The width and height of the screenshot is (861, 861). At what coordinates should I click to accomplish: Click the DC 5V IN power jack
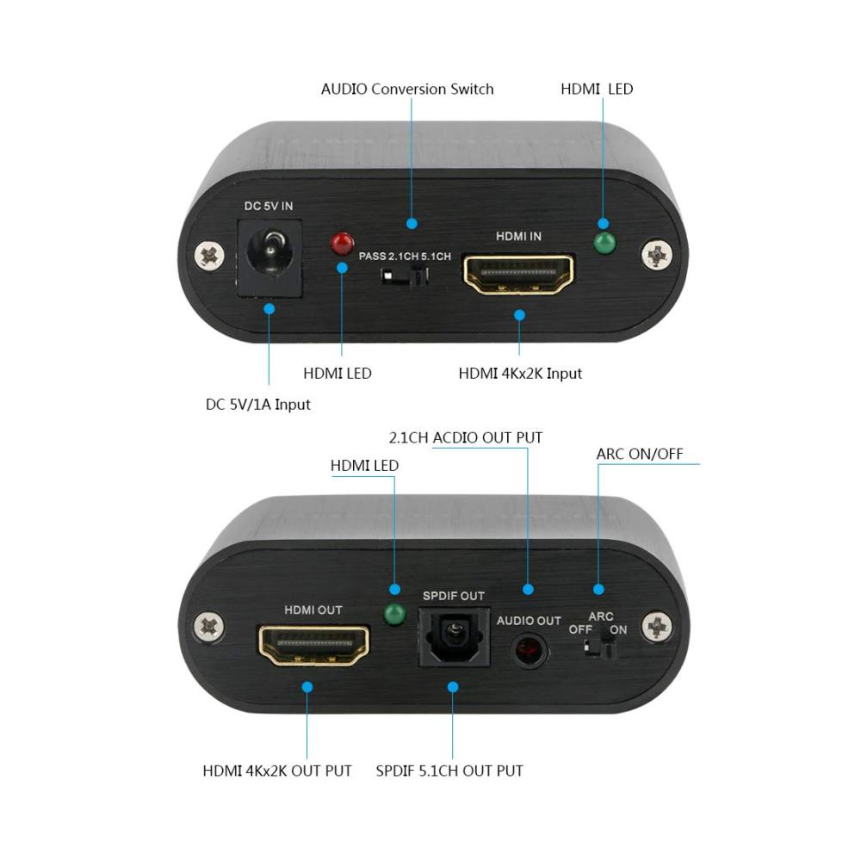tap(269, 257)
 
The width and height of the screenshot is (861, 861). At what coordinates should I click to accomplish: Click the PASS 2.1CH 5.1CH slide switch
tap(406, 276)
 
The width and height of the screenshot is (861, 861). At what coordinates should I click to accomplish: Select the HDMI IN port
tap(519, 274)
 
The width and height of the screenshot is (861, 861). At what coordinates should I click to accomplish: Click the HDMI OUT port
tap(314, 646)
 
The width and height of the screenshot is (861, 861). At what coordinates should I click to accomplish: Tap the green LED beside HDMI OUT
tap(395, 615)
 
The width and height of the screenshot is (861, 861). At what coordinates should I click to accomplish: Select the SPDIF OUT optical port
tap(454, 637)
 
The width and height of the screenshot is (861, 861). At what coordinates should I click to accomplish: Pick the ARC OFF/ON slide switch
tap(599, 649)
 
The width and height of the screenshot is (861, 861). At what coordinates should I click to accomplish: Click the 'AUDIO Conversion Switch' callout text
tap(407, 89)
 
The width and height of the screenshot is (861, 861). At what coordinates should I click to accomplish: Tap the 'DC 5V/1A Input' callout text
tap(257, 405)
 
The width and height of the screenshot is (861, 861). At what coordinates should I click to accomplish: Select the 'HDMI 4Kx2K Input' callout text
tap(520, 374)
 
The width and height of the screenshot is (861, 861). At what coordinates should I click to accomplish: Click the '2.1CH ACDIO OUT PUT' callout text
tap(466, 437)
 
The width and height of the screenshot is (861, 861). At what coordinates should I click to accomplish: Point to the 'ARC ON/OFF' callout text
tap(640, 454)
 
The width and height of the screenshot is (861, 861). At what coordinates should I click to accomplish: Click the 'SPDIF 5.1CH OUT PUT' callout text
tap(449, 771)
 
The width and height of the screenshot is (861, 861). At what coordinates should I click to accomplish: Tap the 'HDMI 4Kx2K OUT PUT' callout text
tap(276, 771)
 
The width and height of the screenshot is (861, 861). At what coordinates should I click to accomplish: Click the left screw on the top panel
tap(209, 256)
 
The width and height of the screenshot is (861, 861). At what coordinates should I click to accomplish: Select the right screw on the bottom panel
tap(657, 627)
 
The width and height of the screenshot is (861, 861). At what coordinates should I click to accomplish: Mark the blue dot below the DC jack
tap(269, 308)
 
